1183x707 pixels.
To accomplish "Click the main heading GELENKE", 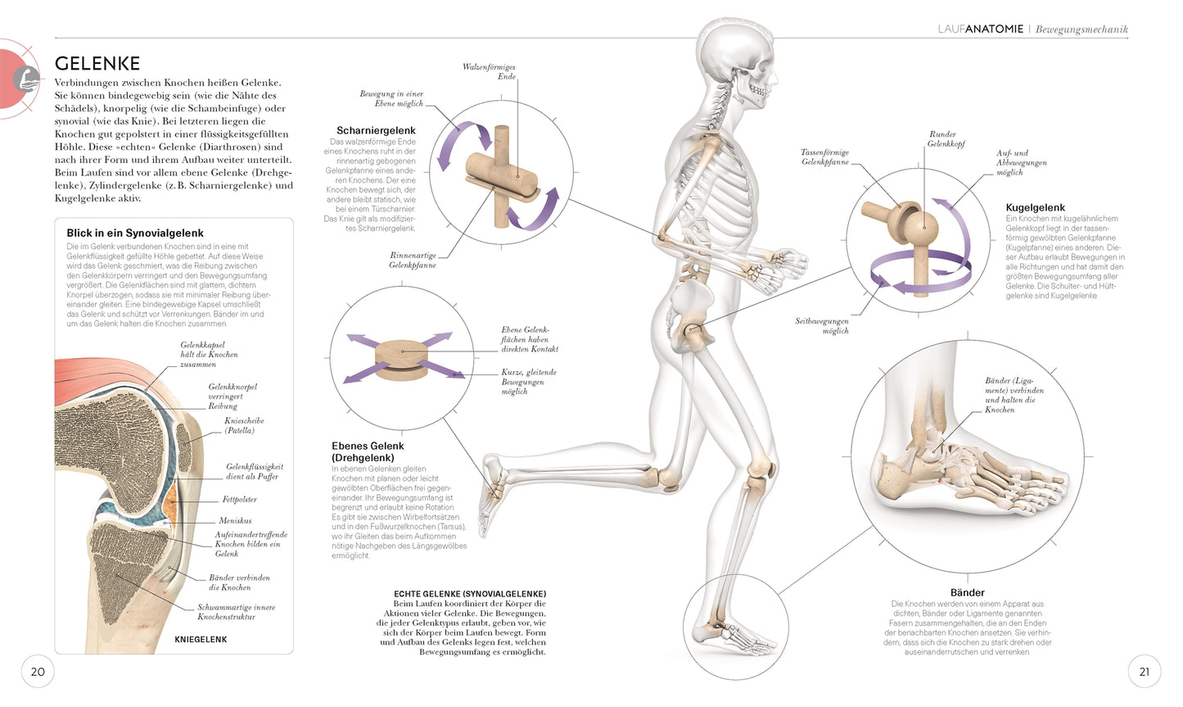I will (x=97, y=63).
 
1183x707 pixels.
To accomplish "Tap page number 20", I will (x=38, y=672).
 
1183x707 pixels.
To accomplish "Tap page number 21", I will (x=1144, y=672).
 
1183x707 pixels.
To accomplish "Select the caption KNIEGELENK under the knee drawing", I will (x=201, y=639).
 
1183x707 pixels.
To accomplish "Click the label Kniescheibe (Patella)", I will (x=244, y=425).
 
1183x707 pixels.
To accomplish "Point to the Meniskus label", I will (x=235, y=520).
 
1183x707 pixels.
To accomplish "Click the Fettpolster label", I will (x=239, y=499).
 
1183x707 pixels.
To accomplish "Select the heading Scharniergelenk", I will (x=376, y=130).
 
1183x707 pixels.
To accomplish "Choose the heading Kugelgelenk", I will (x=1035, y=207).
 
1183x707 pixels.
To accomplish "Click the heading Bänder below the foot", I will (x=967, y=592).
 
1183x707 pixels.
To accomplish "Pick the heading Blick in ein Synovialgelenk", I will (x=135, y=233).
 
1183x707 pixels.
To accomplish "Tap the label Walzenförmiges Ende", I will (x=489, y=71).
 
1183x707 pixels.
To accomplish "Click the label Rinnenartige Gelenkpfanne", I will (x=413, y=261).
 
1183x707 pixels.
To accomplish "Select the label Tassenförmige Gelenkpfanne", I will (x=824, y=157).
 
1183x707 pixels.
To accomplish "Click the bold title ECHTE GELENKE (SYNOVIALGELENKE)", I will (x=470, y=594).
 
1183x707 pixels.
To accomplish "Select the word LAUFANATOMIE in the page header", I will (x=980, y=29).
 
